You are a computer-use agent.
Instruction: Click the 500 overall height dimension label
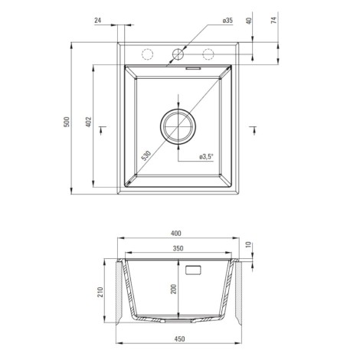[x=67, y=122]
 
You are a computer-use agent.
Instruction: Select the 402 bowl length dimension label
[x=88, y=122]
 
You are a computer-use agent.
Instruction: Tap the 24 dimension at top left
[x=98, y=21]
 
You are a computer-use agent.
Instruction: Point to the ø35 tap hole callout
[x=227, y=21]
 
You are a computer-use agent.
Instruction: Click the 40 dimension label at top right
[x=250, y=21]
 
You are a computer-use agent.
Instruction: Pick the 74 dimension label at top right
[x=273, y=20]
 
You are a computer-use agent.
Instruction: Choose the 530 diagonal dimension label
[x=146, y=156]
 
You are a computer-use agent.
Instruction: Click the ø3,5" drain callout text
[x=206, y=157]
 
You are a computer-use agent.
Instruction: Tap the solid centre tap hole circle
[x=178, y=54]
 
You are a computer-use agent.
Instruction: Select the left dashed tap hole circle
[x=147, y=54]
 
